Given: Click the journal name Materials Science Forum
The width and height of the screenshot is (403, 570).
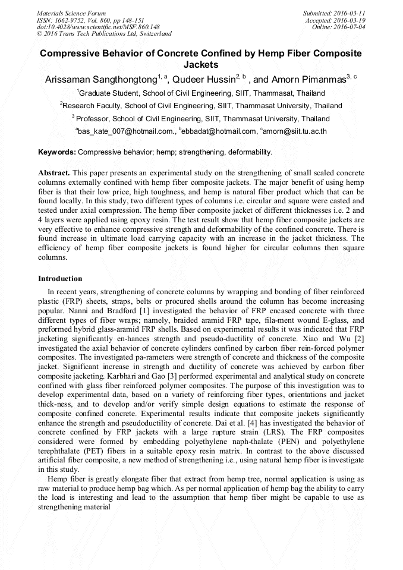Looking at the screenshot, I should point(71,13).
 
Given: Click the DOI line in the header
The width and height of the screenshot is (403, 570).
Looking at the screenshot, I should point(98,27).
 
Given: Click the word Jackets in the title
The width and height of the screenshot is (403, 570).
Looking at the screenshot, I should point(201,64).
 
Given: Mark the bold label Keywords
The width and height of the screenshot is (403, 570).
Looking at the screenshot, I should point(56,152).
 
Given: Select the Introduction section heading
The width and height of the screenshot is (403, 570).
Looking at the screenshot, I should point(60,279).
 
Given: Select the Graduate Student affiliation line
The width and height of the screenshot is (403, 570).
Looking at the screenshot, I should point(201,93).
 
